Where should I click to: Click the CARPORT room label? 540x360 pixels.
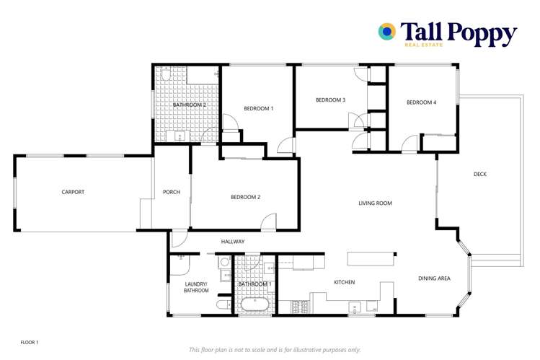click(x=73, y=192)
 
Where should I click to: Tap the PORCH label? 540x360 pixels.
click(x=172, y=192)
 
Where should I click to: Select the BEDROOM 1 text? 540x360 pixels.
click(x=258, y=108)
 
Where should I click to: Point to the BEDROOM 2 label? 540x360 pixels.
click(x=245, y=197)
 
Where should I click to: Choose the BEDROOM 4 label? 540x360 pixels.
click(x=421, y=102)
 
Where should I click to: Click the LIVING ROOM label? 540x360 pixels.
click(x=375, y=203)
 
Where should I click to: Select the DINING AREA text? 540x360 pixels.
click(x=434, y=278)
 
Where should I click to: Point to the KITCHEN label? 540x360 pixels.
click(x=344, y=282)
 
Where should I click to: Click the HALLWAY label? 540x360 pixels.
click(x=233, y=242)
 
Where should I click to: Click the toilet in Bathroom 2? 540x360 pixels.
click(x=164, y=74)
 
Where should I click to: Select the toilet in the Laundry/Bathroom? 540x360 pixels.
click(x=223, y=306)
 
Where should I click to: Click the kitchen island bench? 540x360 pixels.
click(x=371, y=258)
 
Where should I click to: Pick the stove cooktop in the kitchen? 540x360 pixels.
click(x=296, y=308)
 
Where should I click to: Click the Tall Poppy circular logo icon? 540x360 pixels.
click(x=387, y=31)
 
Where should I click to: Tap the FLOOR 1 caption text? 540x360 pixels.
click(x=29, y=341)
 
